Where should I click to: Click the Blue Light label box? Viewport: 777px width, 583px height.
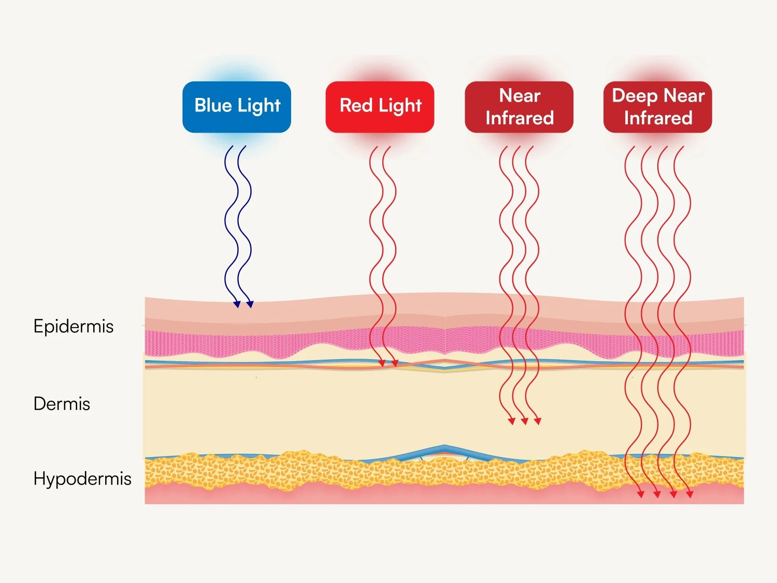(237, 107)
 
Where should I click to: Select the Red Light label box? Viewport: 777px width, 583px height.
(380, 107)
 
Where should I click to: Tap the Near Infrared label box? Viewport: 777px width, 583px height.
(519, 107)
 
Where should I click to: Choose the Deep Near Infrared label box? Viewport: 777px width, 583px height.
(658, 107)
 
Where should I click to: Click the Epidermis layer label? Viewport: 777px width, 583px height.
(74, 326)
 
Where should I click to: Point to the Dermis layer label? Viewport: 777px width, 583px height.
(62, 404)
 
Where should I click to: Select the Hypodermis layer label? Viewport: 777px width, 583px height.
(82, 478)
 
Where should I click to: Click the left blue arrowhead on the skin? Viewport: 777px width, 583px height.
(237, 304)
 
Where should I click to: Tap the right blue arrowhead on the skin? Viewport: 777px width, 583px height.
(250, 304)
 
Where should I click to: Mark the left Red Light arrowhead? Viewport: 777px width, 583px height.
(382, 363)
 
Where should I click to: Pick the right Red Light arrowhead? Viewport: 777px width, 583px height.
(395, 363)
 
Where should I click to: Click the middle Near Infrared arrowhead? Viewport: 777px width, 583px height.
(524, 421)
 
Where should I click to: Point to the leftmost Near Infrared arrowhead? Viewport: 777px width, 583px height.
(511, 421)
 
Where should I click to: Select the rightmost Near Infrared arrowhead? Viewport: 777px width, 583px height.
(537, 421)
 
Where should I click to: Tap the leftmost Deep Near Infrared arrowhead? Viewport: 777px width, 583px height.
(641, 494)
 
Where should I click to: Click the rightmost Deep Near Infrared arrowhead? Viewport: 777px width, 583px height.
(689, 494)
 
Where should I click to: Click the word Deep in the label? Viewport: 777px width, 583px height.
(635, 96)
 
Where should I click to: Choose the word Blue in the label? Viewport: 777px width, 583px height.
(213, 105)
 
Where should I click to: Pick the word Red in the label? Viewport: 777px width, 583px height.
(356, 105)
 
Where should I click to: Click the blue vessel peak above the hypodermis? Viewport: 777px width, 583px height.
(444, 447)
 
